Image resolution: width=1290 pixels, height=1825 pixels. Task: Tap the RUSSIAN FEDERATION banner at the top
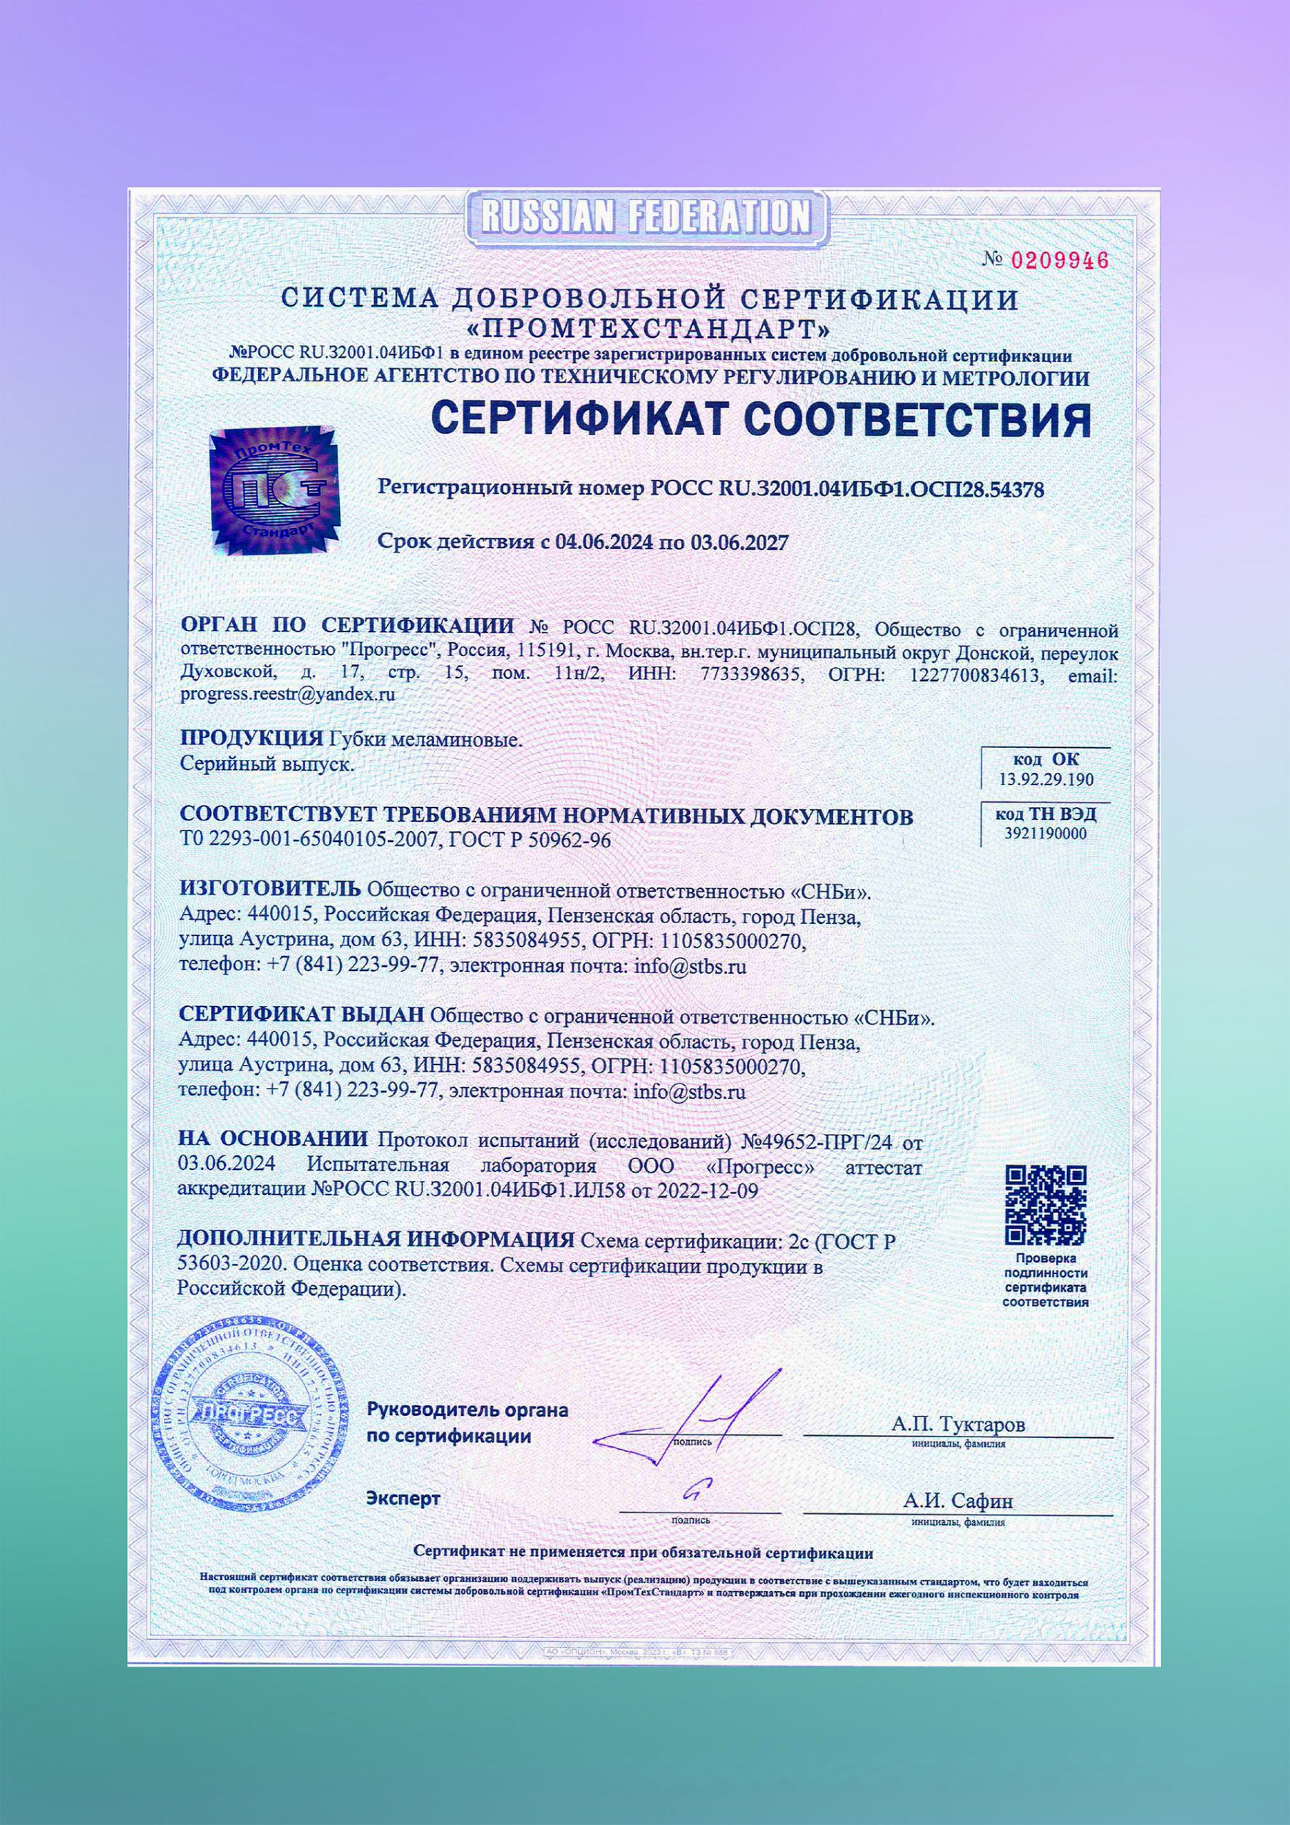pyautogui.click(x=646, y=215)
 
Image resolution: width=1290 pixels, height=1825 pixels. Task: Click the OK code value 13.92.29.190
pyautogui.click(x=1046, y=779)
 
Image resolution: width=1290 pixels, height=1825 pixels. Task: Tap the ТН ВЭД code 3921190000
pyautogui.click(x=1046, y=833)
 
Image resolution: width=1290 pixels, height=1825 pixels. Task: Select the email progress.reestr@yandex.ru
pyautogui.click(x=288, y=693)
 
